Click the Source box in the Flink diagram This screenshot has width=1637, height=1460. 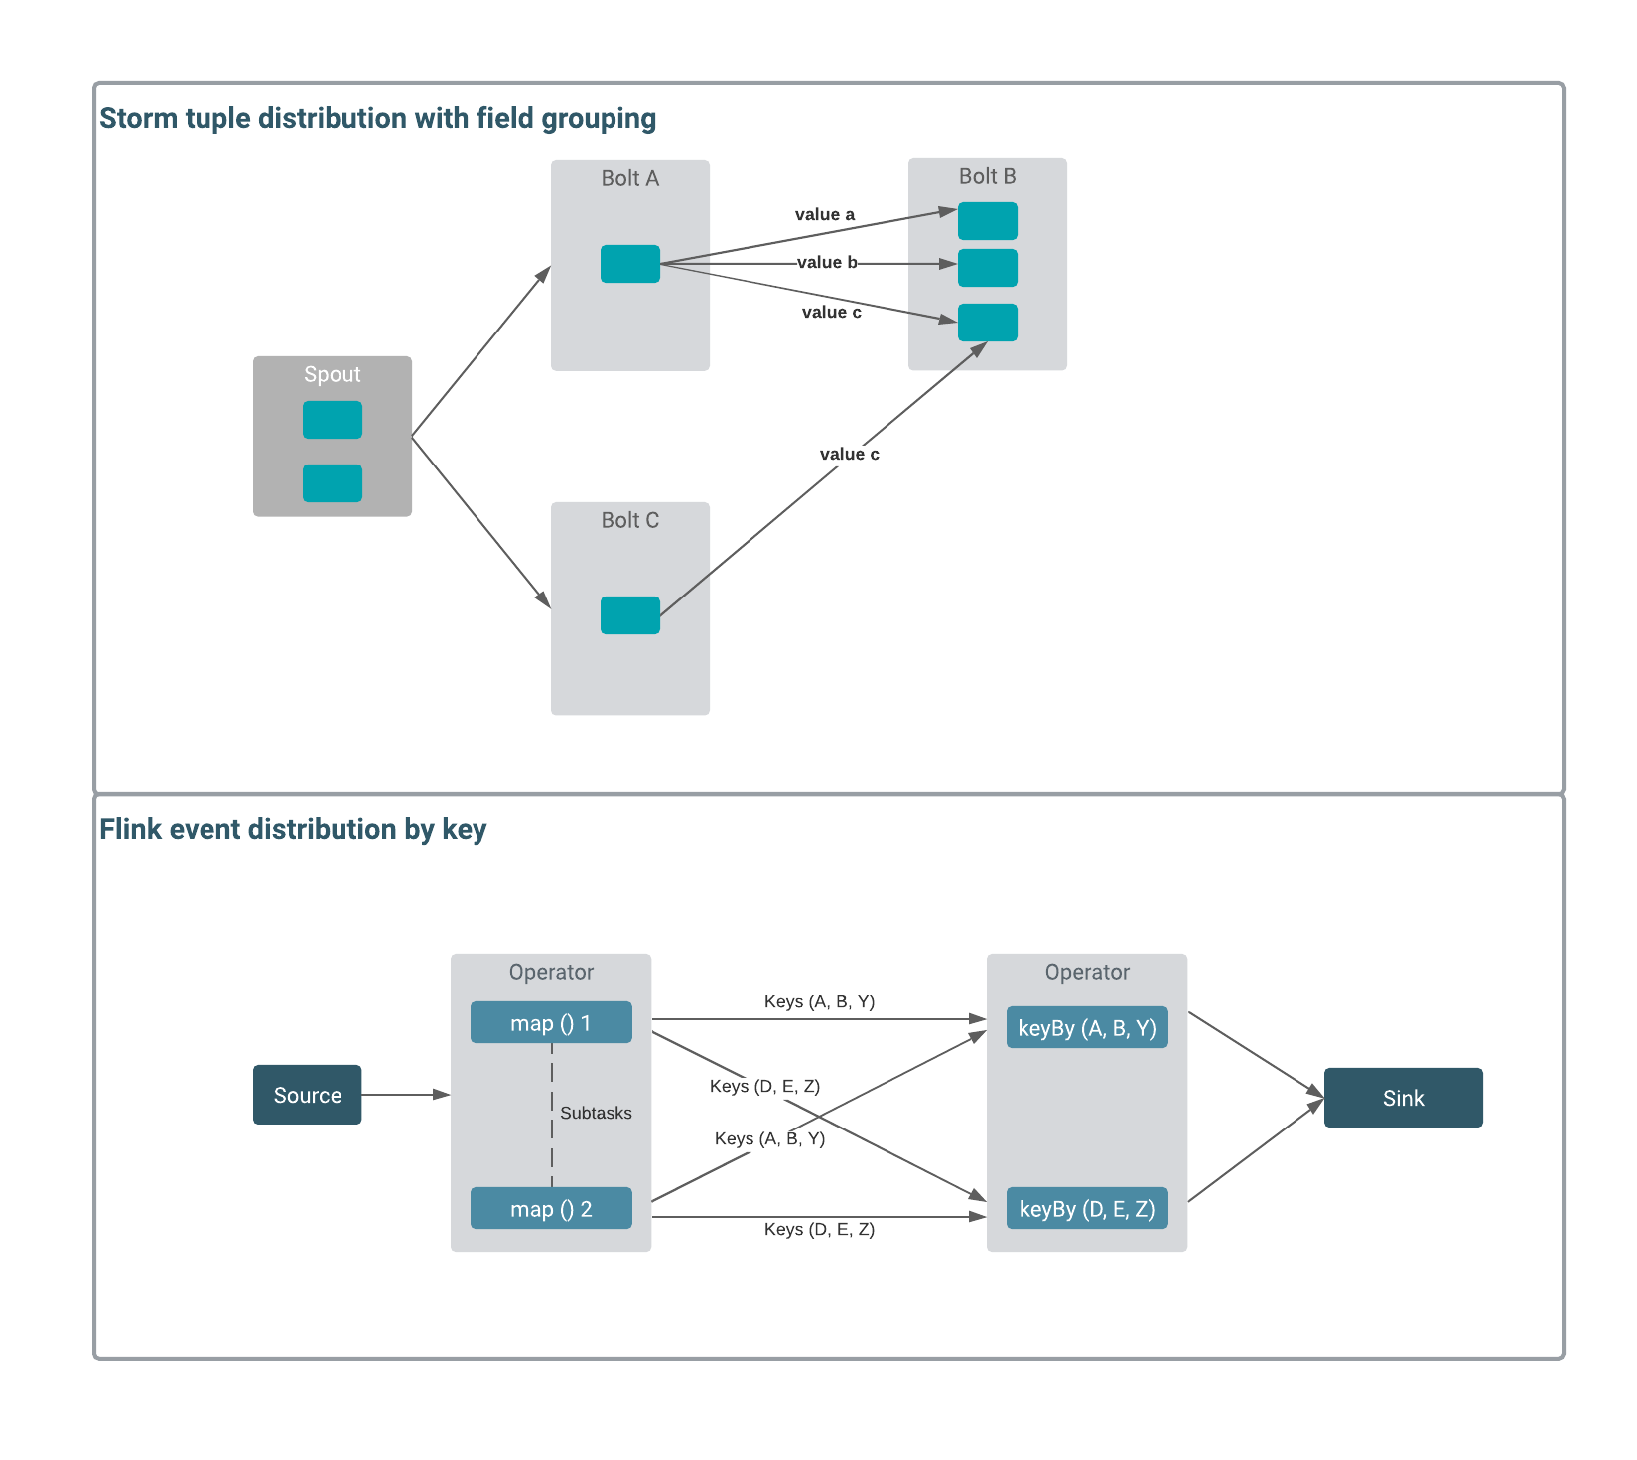[x=307, y=1095]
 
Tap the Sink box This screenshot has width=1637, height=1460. [x=1403, y=1098]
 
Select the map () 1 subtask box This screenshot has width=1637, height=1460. [x=551, y=1023]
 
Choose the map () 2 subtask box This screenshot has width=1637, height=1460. [x=551, y=1209]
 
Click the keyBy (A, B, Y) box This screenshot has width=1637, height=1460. [x=1087, y=1028]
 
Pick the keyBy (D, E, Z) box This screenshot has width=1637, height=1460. [x=1087, y=1209]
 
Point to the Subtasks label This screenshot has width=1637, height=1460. [x=596, y=1113]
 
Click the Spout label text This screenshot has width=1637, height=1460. [x=332, y=374]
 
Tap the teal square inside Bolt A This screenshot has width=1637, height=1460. [x=630, y=264]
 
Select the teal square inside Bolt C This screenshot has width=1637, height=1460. [x=630, y=615]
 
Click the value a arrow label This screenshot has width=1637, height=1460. [x=825, y=214]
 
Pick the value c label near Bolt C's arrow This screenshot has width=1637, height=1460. [x=850, y=454]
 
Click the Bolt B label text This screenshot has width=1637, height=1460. [x=987, y=176]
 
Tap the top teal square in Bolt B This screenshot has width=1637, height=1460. [x=988, y=221]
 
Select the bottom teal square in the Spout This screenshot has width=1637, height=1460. [x=333, y=483]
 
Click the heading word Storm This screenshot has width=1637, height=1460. [x=139, y=118]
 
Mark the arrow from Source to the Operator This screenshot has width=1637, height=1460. [x=405, y=1095]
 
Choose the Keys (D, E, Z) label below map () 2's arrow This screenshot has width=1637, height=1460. [x=819, y=1229]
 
